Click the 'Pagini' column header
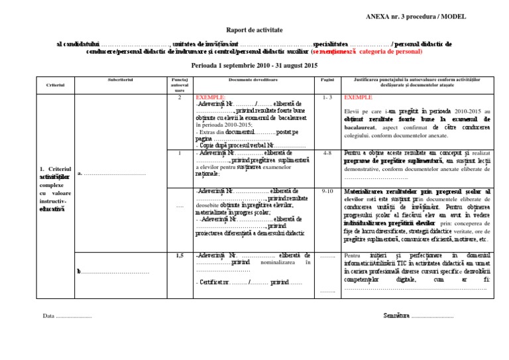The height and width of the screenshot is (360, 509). (326, 79)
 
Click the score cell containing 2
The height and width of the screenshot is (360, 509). (179, 97)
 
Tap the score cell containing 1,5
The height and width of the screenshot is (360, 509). (179, 255)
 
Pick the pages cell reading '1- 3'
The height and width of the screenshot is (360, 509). (326, 97)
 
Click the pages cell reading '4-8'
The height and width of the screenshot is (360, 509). (326, 152)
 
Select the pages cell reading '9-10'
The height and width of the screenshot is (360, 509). (326, 191)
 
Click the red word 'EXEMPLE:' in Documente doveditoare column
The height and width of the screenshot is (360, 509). (211, 97)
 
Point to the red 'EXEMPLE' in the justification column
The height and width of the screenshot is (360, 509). (359, 97)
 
